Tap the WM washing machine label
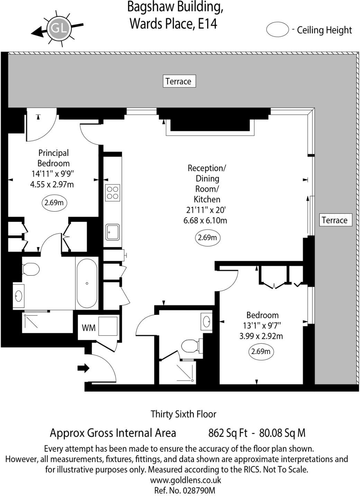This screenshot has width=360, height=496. coord(89,327)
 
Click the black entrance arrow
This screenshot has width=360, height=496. coord(83,368)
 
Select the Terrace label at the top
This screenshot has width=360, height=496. coord(179,81)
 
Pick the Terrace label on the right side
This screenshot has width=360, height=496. coord(334,220)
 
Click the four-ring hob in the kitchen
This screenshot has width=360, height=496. coord(113,193)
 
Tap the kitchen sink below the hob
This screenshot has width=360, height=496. coord(113,232)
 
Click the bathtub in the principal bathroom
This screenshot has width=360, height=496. coord(87,283)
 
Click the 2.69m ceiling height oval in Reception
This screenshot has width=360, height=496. coord(207,238)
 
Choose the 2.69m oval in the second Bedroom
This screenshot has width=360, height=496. coord(261,352)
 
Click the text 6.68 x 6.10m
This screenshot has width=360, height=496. coord(205,220)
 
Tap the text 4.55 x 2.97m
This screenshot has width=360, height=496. coord(52,184)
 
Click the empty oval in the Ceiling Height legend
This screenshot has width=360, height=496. coord(277,30)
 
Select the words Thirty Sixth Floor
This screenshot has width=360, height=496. coord(183,414)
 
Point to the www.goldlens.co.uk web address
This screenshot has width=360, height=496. coord(186,480)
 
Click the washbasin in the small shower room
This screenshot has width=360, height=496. coord(207,321)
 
